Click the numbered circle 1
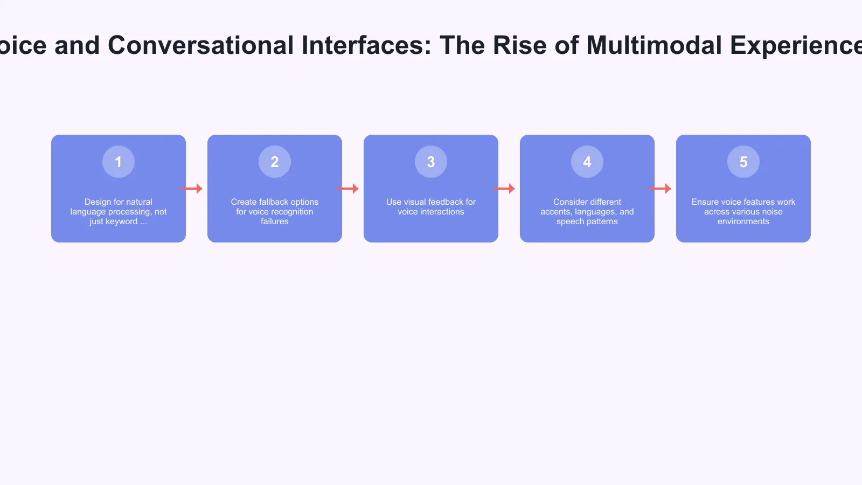[x=119, y=162]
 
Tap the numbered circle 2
[x=275, y=162]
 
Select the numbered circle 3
[x=431, y=162]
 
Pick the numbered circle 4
[x=587, y=162]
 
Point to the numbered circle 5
[x=743, y=162]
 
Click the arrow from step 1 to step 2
[x=191, y=189]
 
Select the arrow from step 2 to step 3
[x=347, y=189]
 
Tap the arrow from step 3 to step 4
[x=504, y=189]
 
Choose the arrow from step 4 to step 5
[x=660, y=189]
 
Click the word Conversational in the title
[x=201, y=45]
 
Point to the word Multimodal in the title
[x=654, y=45]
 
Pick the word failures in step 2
[x=275, y=221]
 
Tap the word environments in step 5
[x=743, y=221]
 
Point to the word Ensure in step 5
[x=705, y=202]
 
